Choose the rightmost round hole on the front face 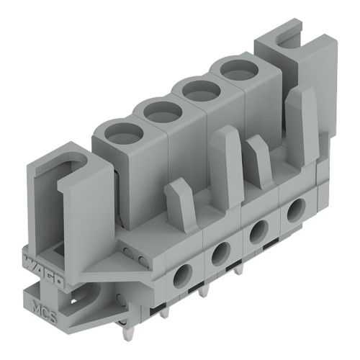pyautogui.click(x=295, y=211)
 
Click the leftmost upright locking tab pyautogui.click(x=180, y=204)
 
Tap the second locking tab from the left pyautogui.click(x=225, y=165)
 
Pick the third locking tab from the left pyautogui.click(x=259, y=161)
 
